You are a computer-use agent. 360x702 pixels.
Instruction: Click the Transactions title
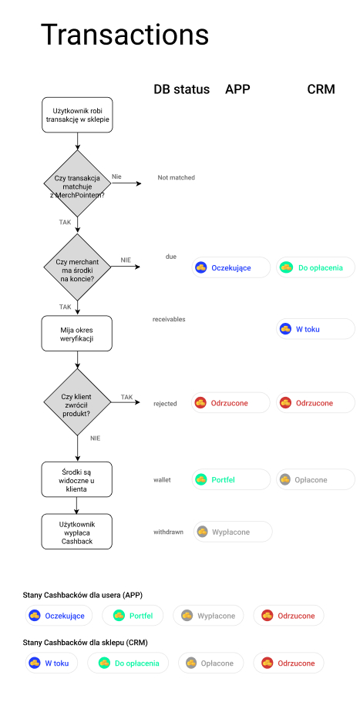coord(124,35)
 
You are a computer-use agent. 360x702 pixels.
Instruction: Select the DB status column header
coord(181,89)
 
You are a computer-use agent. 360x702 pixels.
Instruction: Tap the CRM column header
coord(321,89)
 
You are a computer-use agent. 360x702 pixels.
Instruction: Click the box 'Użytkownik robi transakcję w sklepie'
coord(77,115)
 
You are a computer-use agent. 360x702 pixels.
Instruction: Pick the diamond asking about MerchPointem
coord(77,183)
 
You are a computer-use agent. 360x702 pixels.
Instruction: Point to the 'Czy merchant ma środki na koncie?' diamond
coord(77,267)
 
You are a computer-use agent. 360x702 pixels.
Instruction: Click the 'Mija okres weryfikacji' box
coord(77,334)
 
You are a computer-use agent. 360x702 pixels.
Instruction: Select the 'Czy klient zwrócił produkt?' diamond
coord(77,402)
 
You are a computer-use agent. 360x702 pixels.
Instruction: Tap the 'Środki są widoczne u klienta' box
coord(77,479)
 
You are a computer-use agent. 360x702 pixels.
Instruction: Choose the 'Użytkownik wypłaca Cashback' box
coord(77,532)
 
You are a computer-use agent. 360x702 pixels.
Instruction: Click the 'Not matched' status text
coord(176,178)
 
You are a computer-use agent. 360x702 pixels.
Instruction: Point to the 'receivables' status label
coord(169,320)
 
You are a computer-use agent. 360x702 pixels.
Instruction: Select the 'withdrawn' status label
coord(168,532)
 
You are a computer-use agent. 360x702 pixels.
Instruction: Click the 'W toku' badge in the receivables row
coord(315,329)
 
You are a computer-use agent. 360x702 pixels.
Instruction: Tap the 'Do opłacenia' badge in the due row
coord(315,267)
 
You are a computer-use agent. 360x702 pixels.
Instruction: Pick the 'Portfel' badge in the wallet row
coord(231,479)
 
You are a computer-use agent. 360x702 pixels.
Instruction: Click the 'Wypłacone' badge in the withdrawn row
coord(233,532)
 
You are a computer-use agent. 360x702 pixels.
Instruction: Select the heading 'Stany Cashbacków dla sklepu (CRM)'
coord(85,643)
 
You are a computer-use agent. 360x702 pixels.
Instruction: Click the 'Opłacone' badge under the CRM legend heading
coord(211,663)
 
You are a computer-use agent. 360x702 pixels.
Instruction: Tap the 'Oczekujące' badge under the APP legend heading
coord(59,616)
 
